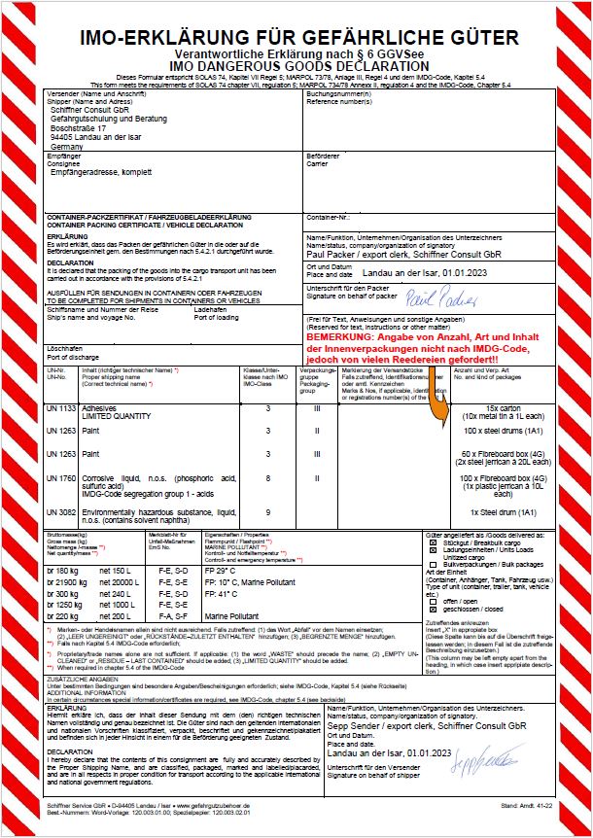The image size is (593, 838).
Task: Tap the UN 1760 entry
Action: (x=60, y=478)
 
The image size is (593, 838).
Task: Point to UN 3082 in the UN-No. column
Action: (x=60, y=511)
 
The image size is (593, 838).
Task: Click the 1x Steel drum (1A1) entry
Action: (x=505, y=511)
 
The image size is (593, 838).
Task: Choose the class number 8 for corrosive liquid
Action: (x=267, y=478)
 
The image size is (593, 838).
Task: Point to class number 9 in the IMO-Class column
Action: (x=267, y=511)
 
